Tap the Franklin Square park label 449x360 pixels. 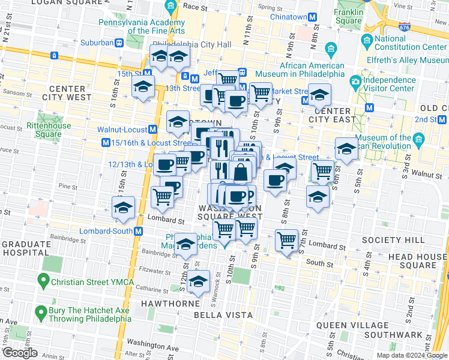pos(349,16)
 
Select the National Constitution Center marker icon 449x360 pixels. pos(367,40)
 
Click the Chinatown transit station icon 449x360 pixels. pos(313,18)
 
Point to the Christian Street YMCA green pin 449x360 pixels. pos(43,280)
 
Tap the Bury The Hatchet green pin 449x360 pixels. pos(41,311)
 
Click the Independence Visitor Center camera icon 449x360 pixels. pos(356,80)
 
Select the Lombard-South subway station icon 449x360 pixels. pos(138,231)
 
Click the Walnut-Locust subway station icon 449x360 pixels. pos(153,129)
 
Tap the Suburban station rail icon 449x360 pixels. pos(119,43)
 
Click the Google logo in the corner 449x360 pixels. pos(20,353)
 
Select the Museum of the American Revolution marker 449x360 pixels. pos(418,139)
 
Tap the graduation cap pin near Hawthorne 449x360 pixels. pos(198,282)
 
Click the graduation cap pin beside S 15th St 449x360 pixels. pos(123,208)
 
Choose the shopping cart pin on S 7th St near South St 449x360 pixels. pos(287,241)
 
